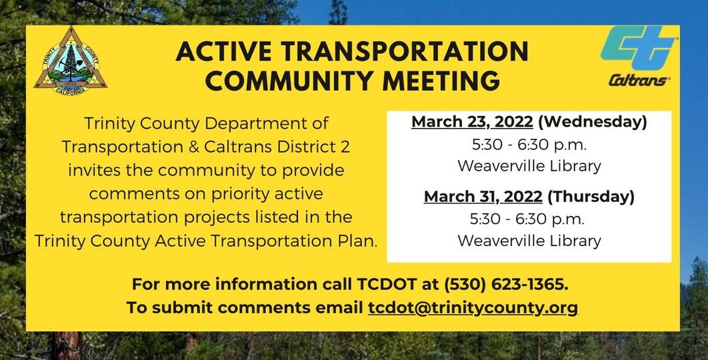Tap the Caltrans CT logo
click(639, 49)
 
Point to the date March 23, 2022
click(472, 122)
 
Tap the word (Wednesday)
click(592, 122)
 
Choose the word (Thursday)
click(591, 197)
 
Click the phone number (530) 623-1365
click(507, 285)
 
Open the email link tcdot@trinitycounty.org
click(473, 307)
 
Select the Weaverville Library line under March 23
click(529, 165)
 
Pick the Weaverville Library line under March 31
click(529, 240)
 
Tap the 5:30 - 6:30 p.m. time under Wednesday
click(529, 144)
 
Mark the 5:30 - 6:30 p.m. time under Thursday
click(529, 219)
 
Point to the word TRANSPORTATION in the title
click(407, 53)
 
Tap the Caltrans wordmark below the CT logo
click(639, 81)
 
